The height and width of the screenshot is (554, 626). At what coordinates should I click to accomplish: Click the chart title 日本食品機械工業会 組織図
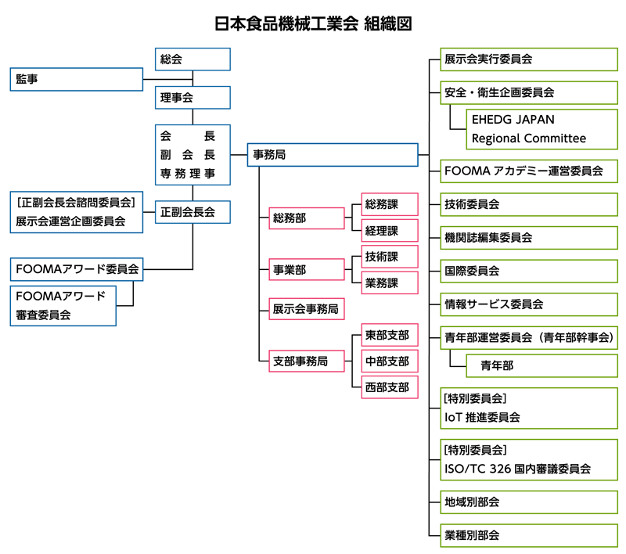click(313, 23)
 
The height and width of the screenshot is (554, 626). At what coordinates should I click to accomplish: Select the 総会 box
click(192, 59)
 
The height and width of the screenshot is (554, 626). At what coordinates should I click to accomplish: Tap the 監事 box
click(76, 79)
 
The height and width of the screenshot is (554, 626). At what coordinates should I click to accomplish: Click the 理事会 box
click(192, 98)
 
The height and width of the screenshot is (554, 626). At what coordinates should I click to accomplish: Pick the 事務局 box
click(333, 155)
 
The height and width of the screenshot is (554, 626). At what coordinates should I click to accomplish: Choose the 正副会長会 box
click(192, 211)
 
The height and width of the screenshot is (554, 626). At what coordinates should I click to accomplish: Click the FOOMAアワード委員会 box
click(76, 269)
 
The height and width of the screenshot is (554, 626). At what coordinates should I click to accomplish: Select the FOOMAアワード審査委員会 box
click(63, 305)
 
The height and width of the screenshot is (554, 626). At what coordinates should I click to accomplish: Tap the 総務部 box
click(306, 218)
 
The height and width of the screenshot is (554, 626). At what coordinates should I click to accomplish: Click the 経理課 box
click(390, 231)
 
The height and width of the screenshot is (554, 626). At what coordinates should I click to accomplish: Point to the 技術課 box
click(390, 257)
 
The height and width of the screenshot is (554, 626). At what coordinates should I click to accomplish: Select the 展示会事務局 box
click(306, 309)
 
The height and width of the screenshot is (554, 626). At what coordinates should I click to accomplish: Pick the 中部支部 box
click(390, 361)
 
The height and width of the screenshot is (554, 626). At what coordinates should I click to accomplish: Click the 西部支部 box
click(390, 387)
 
